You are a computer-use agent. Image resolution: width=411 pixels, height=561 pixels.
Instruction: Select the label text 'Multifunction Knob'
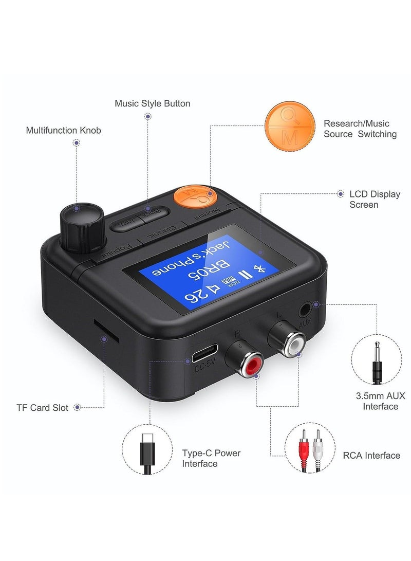coord(64,131)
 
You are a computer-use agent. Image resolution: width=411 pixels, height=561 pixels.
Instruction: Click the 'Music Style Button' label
coord(153,103)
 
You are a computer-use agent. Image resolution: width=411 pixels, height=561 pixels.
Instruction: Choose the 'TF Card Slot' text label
coord(42,408)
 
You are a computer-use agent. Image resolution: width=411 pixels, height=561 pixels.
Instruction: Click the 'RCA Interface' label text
coord(371,455)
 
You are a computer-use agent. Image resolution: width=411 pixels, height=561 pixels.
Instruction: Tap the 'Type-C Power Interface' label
coord(211,458)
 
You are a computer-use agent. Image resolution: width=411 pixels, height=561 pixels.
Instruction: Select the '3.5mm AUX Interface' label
coord(381,401)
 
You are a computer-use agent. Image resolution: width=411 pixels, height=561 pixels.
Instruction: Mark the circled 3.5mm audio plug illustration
coord(377,358)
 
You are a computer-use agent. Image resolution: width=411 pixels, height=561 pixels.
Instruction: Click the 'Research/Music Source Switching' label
coord(360,129)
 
